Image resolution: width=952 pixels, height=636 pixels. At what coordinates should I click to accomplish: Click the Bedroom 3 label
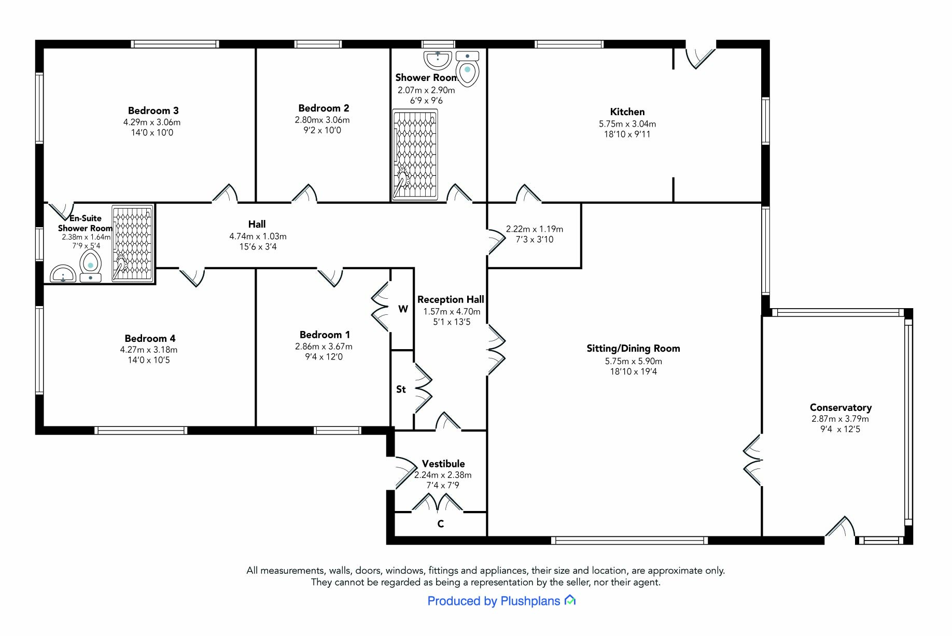[x=153, y=110]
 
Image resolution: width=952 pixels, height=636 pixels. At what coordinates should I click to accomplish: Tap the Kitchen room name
[x=627, y=112]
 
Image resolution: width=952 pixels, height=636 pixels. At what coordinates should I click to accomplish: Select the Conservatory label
[x=841, y=408]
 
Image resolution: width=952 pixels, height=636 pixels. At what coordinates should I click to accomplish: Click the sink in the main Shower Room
[x=438, y=60]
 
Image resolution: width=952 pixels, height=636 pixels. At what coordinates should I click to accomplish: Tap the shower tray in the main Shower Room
[x=415, y=154]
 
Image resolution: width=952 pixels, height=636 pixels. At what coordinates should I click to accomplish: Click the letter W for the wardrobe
[x=403, y=309]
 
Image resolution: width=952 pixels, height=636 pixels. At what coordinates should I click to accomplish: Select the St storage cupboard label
[x=401, y=389]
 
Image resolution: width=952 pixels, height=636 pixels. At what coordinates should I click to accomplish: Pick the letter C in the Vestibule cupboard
[x=440, y=524]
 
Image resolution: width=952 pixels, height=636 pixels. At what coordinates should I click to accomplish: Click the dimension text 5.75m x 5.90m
[x=633, y=361]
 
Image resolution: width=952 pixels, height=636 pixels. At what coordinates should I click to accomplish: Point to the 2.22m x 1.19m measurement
[x=534, y=229]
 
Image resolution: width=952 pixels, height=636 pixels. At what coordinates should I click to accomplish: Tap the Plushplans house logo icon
[x=570, y=600]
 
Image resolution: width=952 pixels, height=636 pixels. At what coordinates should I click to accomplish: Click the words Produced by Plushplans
[x=494, y=601]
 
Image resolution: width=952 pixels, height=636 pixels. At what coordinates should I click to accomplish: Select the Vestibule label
[x=443, y=464]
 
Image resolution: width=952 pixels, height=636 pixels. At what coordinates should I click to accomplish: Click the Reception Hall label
[x=451, y=300]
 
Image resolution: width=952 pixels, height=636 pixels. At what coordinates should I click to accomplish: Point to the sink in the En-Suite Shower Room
[x=63, y=273]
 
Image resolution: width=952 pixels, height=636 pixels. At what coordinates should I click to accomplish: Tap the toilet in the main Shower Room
[x=467, y=69]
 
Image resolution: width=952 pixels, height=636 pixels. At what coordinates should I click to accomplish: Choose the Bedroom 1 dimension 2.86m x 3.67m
[x=324, y=347]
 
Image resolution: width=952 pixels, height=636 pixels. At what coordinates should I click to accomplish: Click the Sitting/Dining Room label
[x=633, y=349]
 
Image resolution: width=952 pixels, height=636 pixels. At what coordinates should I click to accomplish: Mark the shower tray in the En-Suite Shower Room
[x=133, y=243]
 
